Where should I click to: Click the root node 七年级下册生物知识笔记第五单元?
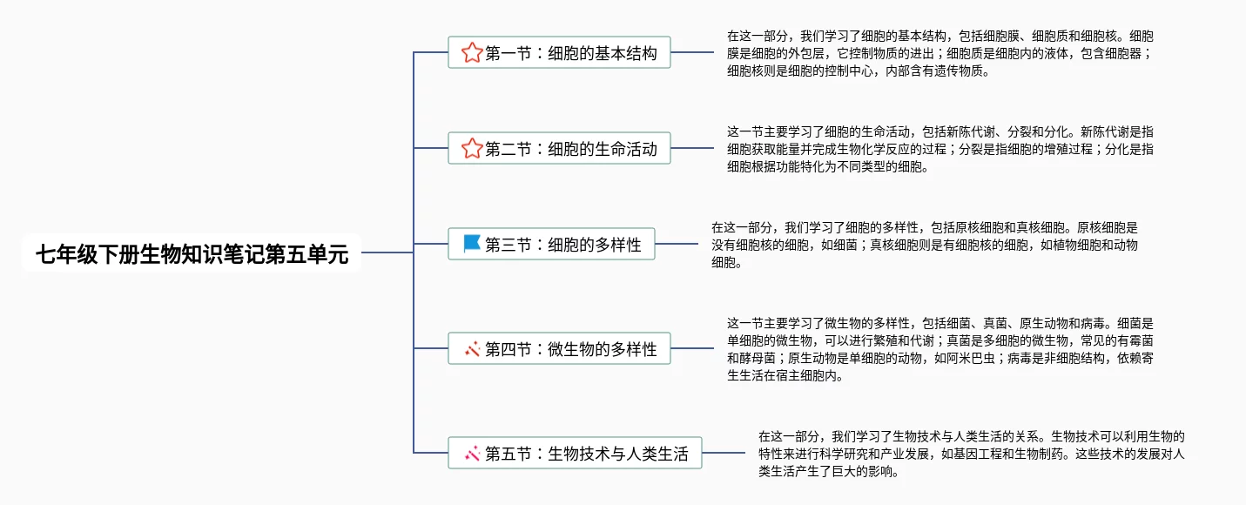coord(192,253)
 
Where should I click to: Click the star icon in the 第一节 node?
coord(472,53)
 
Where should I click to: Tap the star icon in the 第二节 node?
coord(472,149)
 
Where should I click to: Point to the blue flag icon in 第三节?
coord(472,244)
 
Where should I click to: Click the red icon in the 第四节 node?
coord(473,349)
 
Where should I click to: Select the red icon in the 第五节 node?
coord(473,453)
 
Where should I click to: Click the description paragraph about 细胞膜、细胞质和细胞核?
coord(940,54)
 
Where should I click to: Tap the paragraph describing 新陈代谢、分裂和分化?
coord(940,149)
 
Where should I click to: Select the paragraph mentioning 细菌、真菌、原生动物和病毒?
coord(940,349)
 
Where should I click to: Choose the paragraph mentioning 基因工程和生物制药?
coord(971,454)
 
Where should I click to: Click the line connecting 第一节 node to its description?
coord(692,52)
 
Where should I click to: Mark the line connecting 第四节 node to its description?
coord(692,349)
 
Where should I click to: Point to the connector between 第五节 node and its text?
coord(724,453)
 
